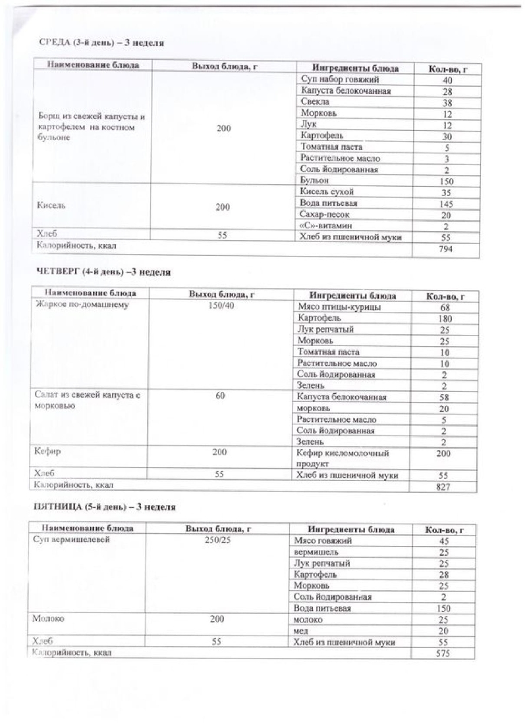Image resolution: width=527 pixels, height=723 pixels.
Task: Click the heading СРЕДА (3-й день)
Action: tap(101, 43)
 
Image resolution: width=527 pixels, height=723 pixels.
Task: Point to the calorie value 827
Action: tap(444, 487)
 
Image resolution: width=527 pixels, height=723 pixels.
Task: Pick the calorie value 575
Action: tap(443, 653)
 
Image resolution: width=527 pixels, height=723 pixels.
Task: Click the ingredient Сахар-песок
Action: tap(324, 214)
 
